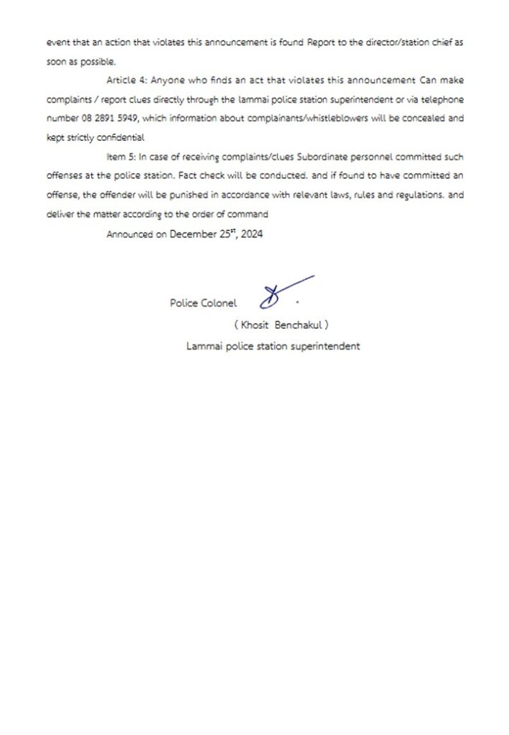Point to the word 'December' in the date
195,234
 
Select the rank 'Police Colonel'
202,303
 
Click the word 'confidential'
118,137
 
